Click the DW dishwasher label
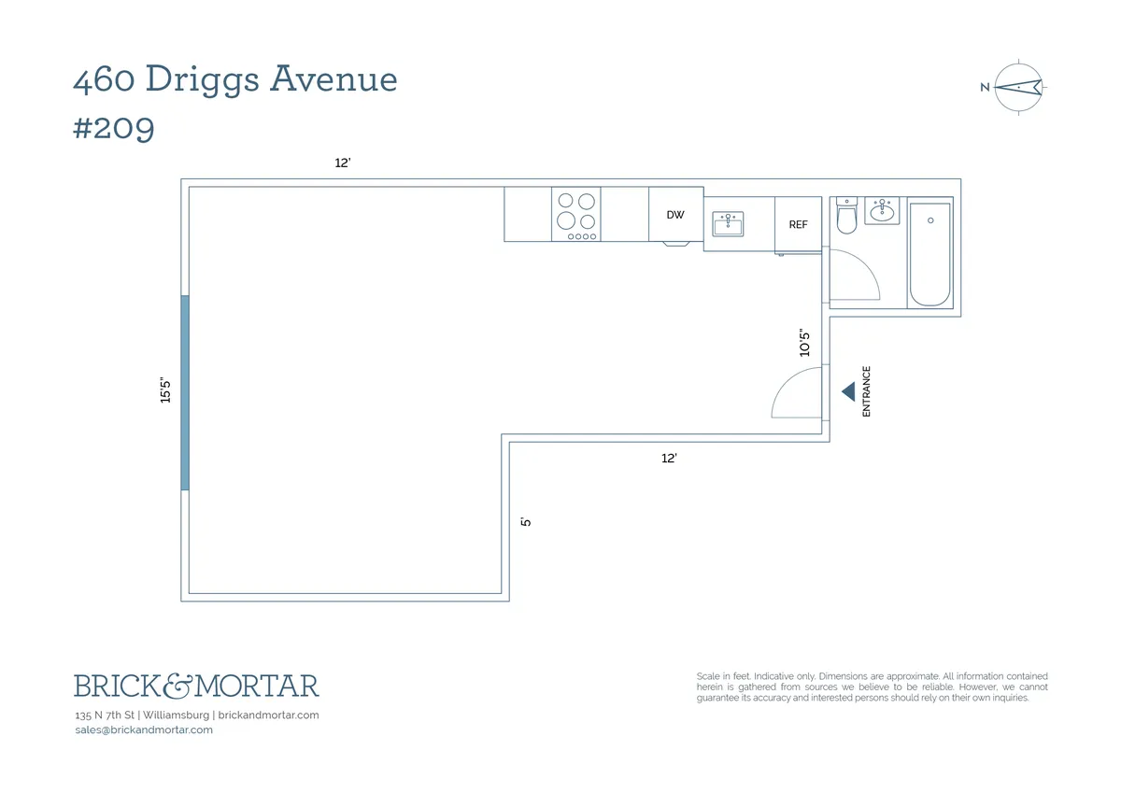click(x=674, y=215)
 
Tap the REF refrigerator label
click(x=798, y=225)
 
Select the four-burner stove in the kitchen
click(x=576, y=215)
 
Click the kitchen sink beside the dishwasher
click(x=728, y=224)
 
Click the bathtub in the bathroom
click(x=930, y=253)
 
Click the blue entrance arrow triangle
click(x=848, y=392)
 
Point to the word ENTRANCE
click(x=866, y=391)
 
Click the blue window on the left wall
click(x=185, y=392)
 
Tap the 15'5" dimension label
click(x=165, y=389)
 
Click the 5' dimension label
click(x=526, y=522)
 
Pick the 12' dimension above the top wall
click(x=343, y=163)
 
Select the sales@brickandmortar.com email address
click(x=144, y=729)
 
